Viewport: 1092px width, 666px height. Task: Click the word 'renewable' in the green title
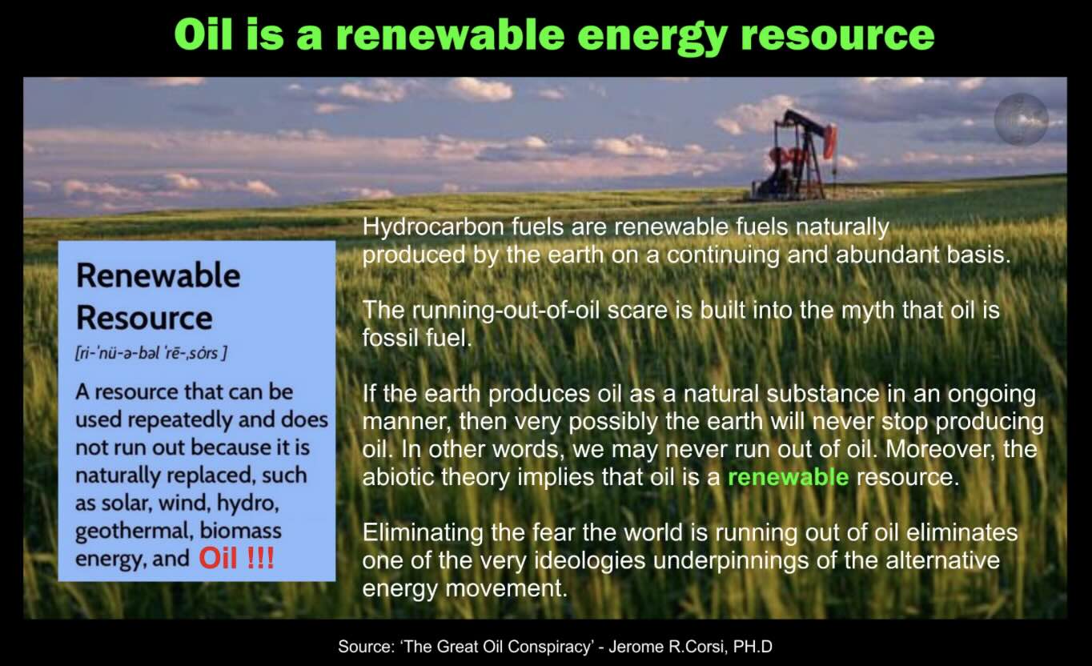[451, 35]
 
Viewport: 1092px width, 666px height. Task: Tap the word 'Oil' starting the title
[204, 34]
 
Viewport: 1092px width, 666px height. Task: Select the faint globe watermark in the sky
[1022, 119]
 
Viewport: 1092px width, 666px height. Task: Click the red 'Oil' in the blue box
[218, 558]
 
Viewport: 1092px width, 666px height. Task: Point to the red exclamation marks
[261, 558]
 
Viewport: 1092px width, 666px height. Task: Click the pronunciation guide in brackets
[151, 353]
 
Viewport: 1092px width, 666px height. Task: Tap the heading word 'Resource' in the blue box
[144, 318]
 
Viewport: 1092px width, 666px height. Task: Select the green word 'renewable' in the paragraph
[789, 477]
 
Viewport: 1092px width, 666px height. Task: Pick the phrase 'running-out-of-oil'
[505, 311]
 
